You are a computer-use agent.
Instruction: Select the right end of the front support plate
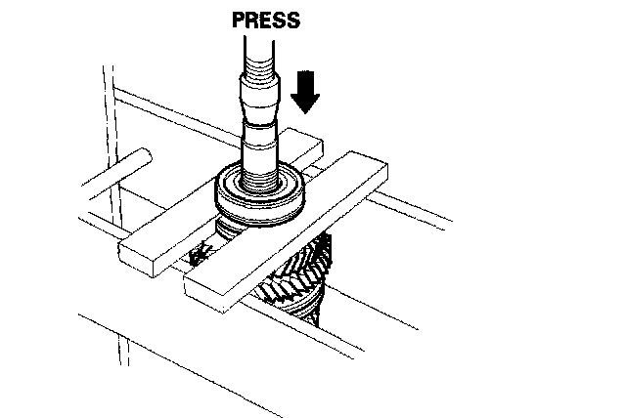[378, 172]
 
